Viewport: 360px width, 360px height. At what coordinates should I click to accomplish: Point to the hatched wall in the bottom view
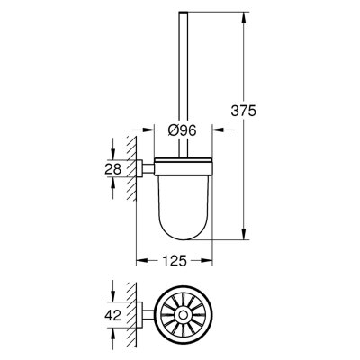tap(132, 314)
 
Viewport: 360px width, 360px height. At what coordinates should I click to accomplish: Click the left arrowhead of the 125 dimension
tap(140, 264)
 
